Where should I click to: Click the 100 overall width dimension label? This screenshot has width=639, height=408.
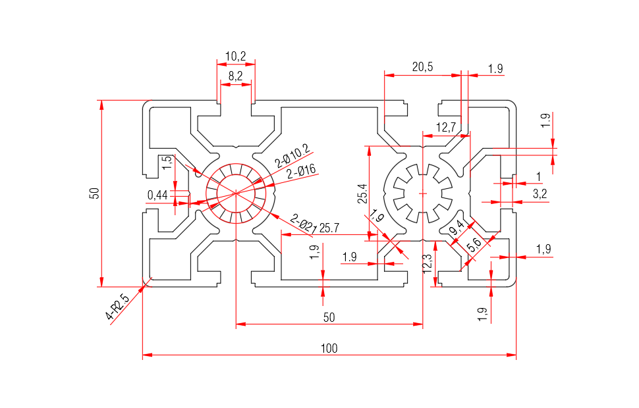329,348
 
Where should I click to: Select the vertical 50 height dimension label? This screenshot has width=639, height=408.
95,193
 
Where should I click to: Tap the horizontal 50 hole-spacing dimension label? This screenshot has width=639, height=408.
329,317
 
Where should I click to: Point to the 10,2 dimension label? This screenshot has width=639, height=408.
235,57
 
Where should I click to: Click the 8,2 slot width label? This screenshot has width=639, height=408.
235,76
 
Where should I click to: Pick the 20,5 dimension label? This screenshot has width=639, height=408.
422,66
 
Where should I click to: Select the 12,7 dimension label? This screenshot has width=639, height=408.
446,126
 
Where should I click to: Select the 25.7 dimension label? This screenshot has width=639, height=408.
329,228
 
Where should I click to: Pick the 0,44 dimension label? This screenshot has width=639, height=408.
158,194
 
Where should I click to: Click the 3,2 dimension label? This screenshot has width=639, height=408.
540,193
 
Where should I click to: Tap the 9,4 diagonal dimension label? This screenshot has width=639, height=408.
457,228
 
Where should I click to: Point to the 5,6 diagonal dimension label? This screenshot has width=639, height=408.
474,245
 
